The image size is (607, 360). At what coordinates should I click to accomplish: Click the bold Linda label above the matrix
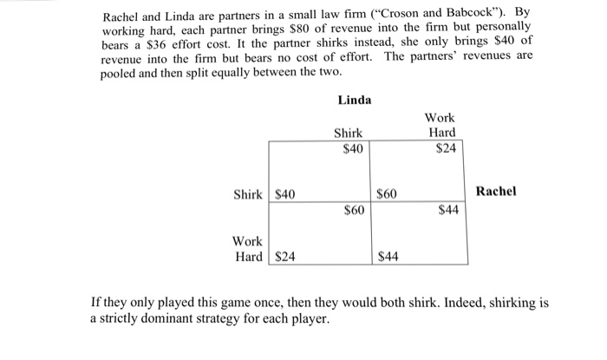click(354, 100)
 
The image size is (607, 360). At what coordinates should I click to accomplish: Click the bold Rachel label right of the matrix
click(496, 191)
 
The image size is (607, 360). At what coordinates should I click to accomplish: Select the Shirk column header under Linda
click(349, 133)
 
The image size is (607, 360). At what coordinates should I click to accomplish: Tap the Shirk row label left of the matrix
click(248, 193)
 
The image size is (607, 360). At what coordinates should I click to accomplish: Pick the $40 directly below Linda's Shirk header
click(352, 148)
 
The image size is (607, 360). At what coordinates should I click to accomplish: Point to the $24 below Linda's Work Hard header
click(446, 148)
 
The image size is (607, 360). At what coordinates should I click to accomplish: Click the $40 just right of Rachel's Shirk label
click(285, 193)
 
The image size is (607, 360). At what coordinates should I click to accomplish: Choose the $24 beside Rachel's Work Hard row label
click(285, 256)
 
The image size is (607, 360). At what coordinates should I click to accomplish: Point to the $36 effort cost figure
click(150, 45)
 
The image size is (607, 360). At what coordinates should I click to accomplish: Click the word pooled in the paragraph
click(120, 74)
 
